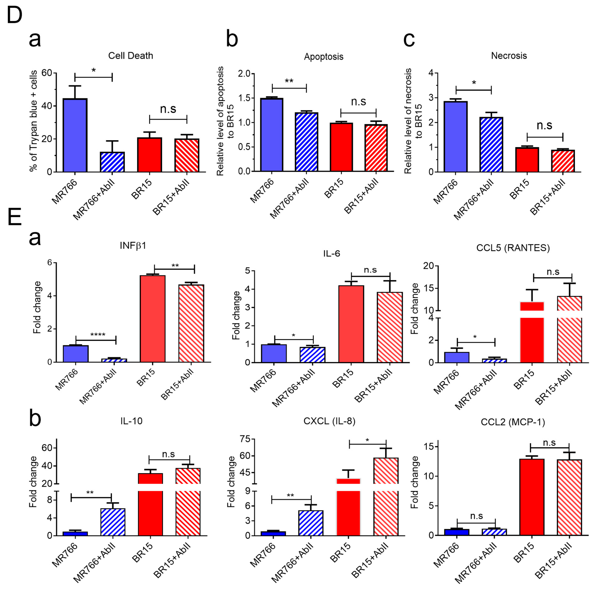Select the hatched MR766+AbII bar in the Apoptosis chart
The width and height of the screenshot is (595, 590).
pos(306,142)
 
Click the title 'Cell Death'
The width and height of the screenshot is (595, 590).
pos(131,56)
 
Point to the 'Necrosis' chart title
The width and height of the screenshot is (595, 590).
pos(509,56)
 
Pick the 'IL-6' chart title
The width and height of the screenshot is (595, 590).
pos(332,253)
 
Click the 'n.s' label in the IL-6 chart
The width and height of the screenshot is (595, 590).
pos(370,270)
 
